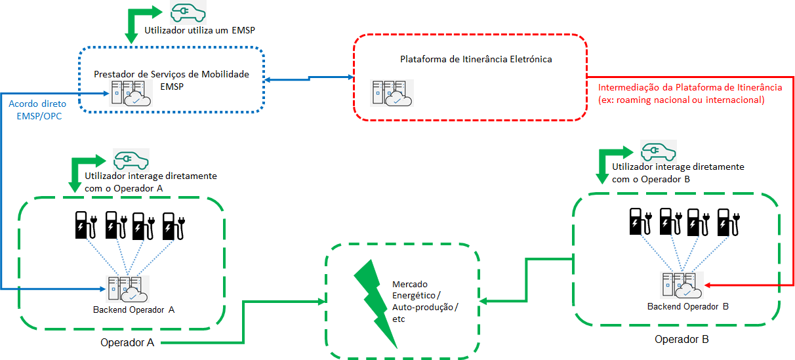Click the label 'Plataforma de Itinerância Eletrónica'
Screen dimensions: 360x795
pos(476,59)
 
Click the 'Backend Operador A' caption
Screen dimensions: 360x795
pos(134,310)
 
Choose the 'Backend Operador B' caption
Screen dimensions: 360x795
pos(688,306)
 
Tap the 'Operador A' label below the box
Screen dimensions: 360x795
pos(127,342)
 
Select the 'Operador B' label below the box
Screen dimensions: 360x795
pos(682,340)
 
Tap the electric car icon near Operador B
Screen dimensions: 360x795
pos(658,151)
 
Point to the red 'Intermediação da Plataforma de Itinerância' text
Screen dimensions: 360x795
pos(689,87)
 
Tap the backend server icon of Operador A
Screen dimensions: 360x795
pos(128,288)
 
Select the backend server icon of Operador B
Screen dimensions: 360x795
pos(682,285)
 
